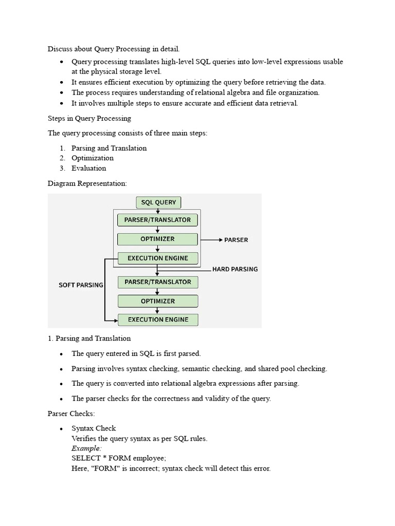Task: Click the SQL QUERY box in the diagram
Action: point(158,202)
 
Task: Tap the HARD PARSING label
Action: point(235,269)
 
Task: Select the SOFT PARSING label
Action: point(81,285)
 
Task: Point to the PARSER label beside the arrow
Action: point(236,240)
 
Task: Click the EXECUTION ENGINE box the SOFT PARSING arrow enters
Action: point(158,320)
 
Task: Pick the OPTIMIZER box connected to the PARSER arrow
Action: point(157,239)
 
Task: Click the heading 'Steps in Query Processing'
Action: point(89,118)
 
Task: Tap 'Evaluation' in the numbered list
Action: point(89,168)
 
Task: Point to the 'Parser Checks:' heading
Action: point(71,413)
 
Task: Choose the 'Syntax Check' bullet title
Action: point(94,428)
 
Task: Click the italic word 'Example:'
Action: point(86,448)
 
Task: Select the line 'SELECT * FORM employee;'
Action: point(119,458)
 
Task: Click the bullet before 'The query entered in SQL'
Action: point(61,354)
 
